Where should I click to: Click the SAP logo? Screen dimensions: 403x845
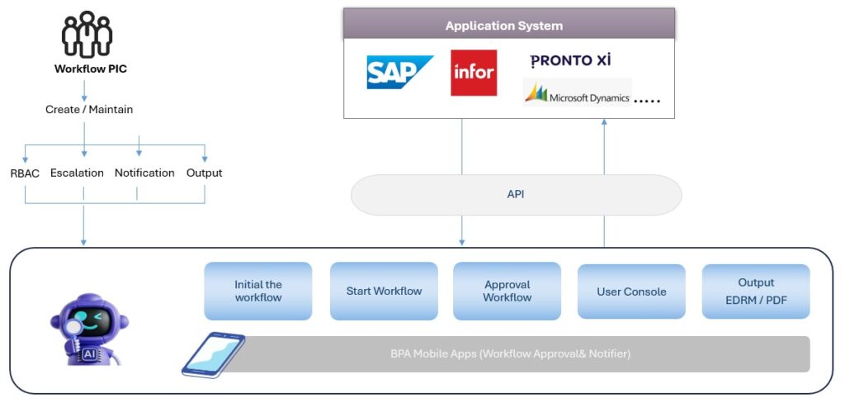[399, 72]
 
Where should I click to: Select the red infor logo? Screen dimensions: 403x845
[474, 73]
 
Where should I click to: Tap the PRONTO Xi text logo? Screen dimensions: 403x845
[570, 60]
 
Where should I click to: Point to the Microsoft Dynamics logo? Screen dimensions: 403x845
[578, 93]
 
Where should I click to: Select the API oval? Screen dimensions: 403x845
[517, 195]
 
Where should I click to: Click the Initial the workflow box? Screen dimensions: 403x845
[258, 291]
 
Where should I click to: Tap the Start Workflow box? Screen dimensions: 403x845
[384, 291]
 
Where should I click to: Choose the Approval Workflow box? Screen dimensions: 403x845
[507, 291]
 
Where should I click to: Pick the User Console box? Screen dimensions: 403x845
[631, 292]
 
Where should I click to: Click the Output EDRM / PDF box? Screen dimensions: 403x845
[756, 292]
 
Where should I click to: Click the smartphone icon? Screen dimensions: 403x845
[213, 353]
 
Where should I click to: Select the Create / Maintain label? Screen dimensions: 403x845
[89, 109]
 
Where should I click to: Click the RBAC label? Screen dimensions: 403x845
[25, 173]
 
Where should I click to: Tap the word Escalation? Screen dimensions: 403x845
[77, 173]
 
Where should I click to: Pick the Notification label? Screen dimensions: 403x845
[144, 173]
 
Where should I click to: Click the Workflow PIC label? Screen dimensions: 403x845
[91, 69]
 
